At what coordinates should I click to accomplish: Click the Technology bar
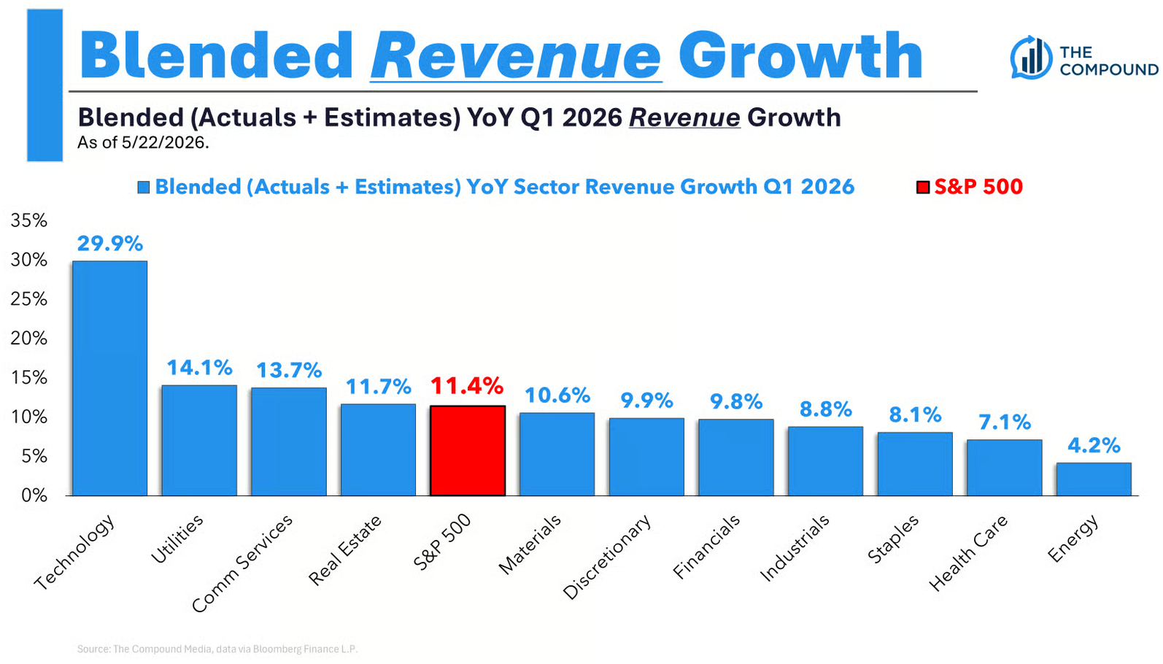point(109,378)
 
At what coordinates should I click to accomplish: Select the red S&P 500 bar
point(467,451)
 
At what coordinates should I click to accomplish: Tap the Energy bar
point(1094,479)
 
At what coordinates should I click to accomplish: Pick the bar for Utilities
point(199,440)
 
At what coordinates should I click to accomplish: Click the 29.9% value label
point(110,244)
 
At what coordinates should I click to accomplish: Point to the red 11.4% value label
point(467,386)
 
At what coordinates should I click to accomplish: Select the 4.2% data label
point(1094,445)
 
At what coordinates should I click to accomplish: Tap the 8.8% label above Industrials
point(825,409)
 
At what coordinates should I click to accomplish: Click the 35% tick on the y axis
point(29,220)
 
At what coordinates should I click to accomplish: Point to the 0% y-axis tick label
point(34,495)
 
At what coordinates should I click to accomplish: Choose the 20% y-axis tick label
point(29,339)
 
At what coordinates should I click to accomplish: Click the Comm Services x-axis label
point(242,563)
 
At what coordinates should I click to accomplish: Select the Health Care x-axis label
point(968,552)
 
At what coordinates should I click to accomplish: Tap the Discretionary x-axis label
point(607,557)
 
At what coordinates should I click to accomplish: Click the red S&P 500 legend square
point(923,188)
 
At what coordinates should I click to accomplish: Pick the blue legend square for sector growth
point(143,188)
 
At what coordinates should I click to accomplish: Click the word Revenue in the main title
point(516,55)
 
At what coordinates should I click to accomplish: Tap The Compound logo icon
point(1032,58)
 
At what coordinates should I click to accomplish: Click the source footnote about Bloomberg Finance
point(217,649)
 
